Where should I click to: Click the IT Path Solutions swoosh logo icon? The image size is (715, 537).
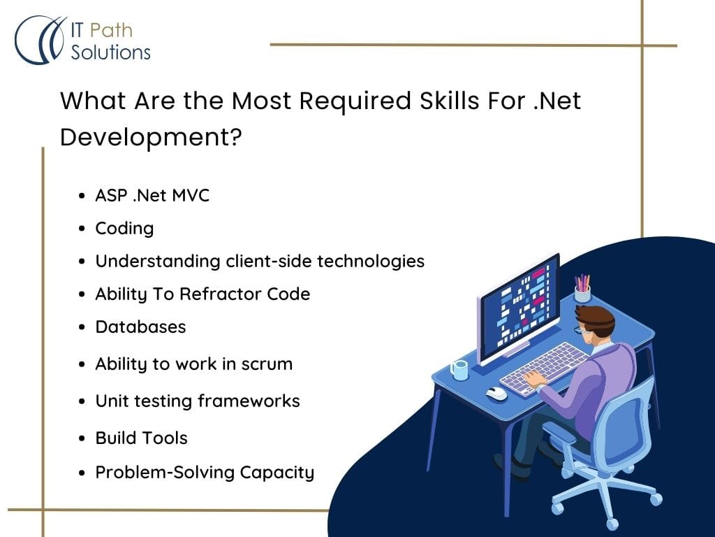(39, 40)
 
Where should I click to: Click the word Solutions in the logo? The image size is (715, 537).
(110, 52)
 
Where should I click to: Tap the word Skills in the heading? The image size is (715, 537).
(449, 101)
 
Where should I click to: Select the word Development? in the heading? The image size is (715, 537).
(151, 137)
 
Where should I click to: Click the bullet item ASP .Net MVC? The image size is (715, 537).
(152, 196)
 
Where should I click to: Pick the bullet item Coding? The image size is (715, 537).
(124, 229)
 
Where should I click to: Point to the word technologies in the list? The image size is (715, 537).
(371, 262)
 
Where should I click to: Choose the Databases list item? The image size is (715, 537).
(140, 327)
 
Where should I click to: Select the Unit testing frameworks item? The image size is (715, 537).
(198, 401)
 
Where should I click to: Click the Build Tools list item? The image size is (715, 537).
(141, 438)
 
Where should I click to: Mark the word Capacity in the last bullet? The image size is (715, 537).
(277, 473)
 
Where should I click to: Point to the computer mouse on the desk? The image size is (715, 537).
(496, 393)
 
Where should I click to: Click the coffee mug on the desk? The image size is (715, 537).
(459, 370)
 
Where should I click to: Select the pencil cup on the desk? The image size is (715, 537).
(582, 288)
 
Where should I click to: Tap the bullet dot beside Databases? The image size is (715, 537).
(82, 327)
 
